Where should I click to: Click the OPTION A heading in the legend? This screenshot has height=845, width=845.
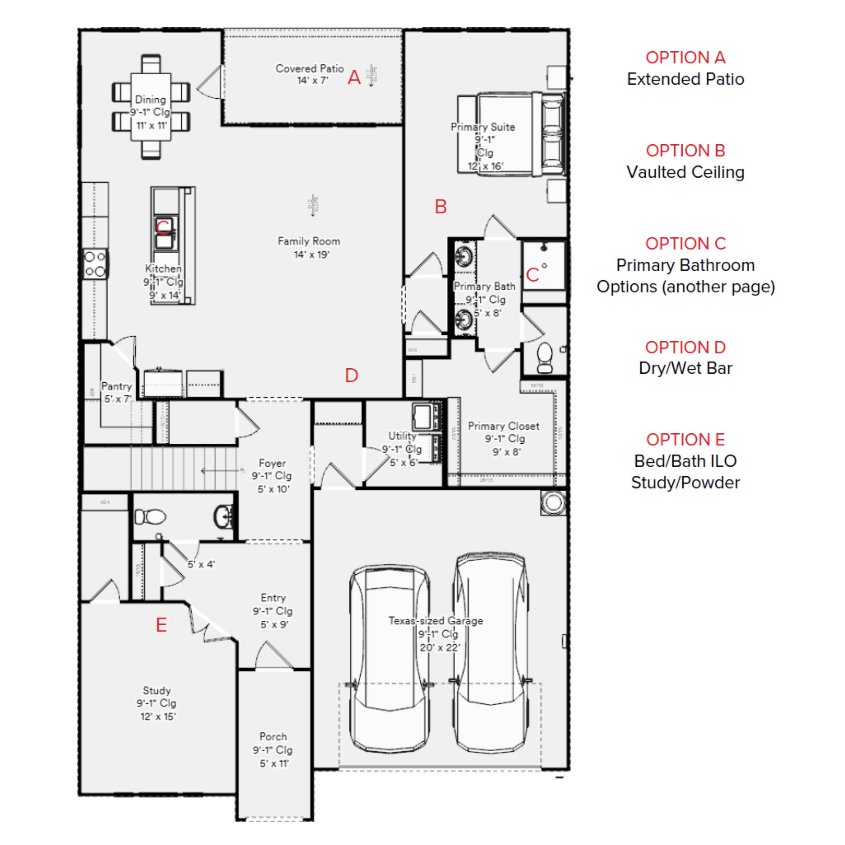pos(686,57)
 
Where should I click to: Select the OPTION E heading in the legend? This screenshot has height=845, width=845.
pos(686,439)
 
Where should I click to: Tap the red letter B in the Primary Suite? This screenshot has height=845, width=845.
pos(440,206)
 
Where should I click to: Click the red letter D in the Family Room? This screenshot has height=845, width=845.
pos(351,375)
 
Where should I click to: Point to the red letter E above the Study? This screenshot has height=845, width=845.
pos(161,625)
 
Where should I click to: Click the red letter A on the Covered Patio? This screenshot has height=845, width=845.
pos(354,77)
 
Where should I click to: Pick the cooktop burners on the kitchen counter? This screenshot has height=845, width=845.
pos(95,264)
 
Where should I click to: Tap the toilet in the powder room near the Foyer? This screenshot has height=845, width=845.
pos(150,517)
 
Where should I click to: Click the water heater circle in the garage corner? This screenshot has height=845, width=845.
pos(553,502)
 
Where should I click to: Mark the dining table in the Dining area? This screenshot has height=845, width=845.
pos(151,107)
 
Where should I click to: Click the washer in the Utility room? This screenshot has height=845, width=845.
pos(423,417)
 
